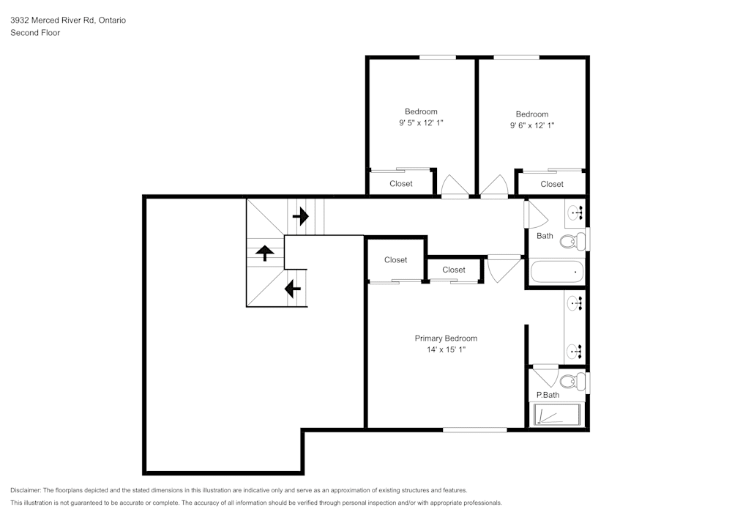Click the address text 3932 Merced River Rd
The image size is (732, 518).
click(67, 21)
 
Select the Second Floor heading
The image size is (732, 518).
click(35, 33)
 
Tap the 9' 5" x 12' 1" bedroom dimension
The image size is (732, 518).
click(421, 124)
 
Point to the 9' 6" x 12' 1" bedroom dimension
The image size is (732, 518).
click(532, 125)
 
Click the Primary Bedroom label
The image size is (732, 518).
click(446, 338)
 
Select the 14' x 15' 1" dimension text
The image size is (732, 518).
click(446, 350)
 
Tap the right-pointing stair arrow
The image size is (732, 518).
click(300, 217)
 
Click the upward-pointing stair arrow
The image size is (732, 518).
click(264, 254)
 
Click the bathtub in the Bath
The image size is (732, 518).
click(556, 272)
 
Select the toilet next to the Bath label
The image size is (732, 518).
click(578, 240)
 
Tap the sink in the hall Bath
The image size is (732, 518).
click(575, 213)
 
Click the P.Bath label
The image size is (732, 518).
click(548, 396)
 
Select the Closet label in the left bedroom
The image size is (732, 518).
click(400, 184)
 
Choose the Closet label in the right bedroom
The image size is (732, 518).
click(552, 185)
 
